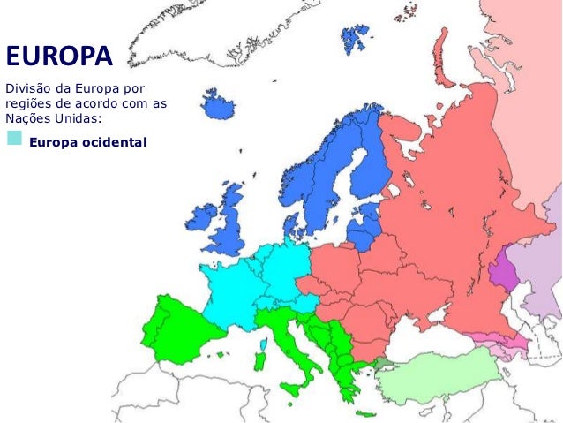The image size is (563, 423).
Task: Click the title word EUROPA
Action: click(59, 57)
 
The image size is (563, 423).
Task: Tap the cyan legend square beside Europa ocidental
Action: click(14, 139)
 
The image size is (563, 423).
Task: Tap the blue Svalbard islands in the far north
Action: click(355, 37)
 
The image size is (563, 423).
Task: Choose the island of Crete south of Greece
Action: click(364, 414)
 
